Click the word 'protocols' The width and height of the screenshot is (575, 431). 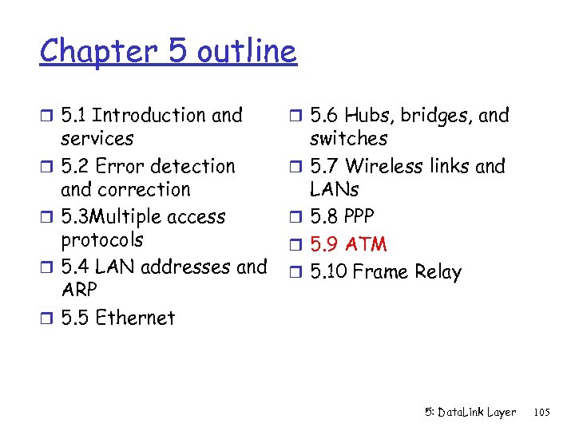click(102, 240)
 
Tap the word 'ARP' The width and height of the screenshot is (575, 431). click(78, 290)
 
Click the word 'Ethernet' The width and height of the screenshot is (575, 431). click(134, 318)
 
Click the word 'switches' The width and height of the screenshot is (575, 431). click(349, 139)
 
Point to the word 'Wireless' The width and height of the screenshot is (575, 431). click(383, 167)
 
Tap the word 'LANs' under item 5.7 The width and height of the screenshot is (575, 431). click(334, 190)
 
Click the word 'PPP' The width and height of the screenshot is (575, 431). click(359, 217)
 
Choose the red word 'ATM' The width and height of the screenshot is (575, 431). click(366, 244)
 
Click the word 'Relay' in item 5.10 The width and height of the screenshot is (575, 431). click(438, 272)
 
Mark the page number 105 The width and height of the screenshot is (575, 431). click(541, 412)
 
